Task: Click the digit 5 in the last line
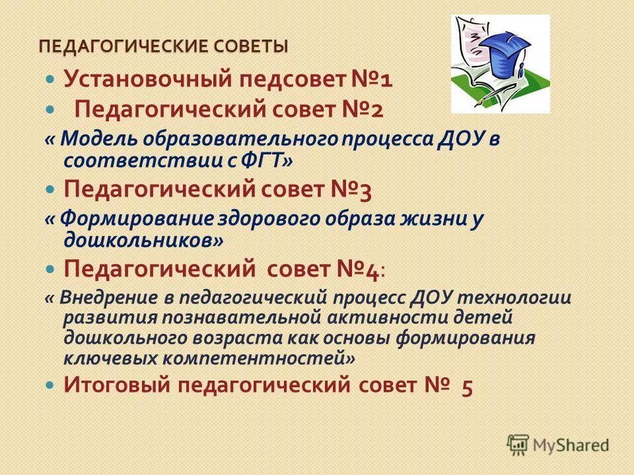tap(467, 387)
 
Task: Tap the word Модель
tap(100, 140)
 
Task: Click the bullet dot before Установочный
tap(51, 79)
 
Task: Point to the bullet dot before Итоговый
tap(51, 383)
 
